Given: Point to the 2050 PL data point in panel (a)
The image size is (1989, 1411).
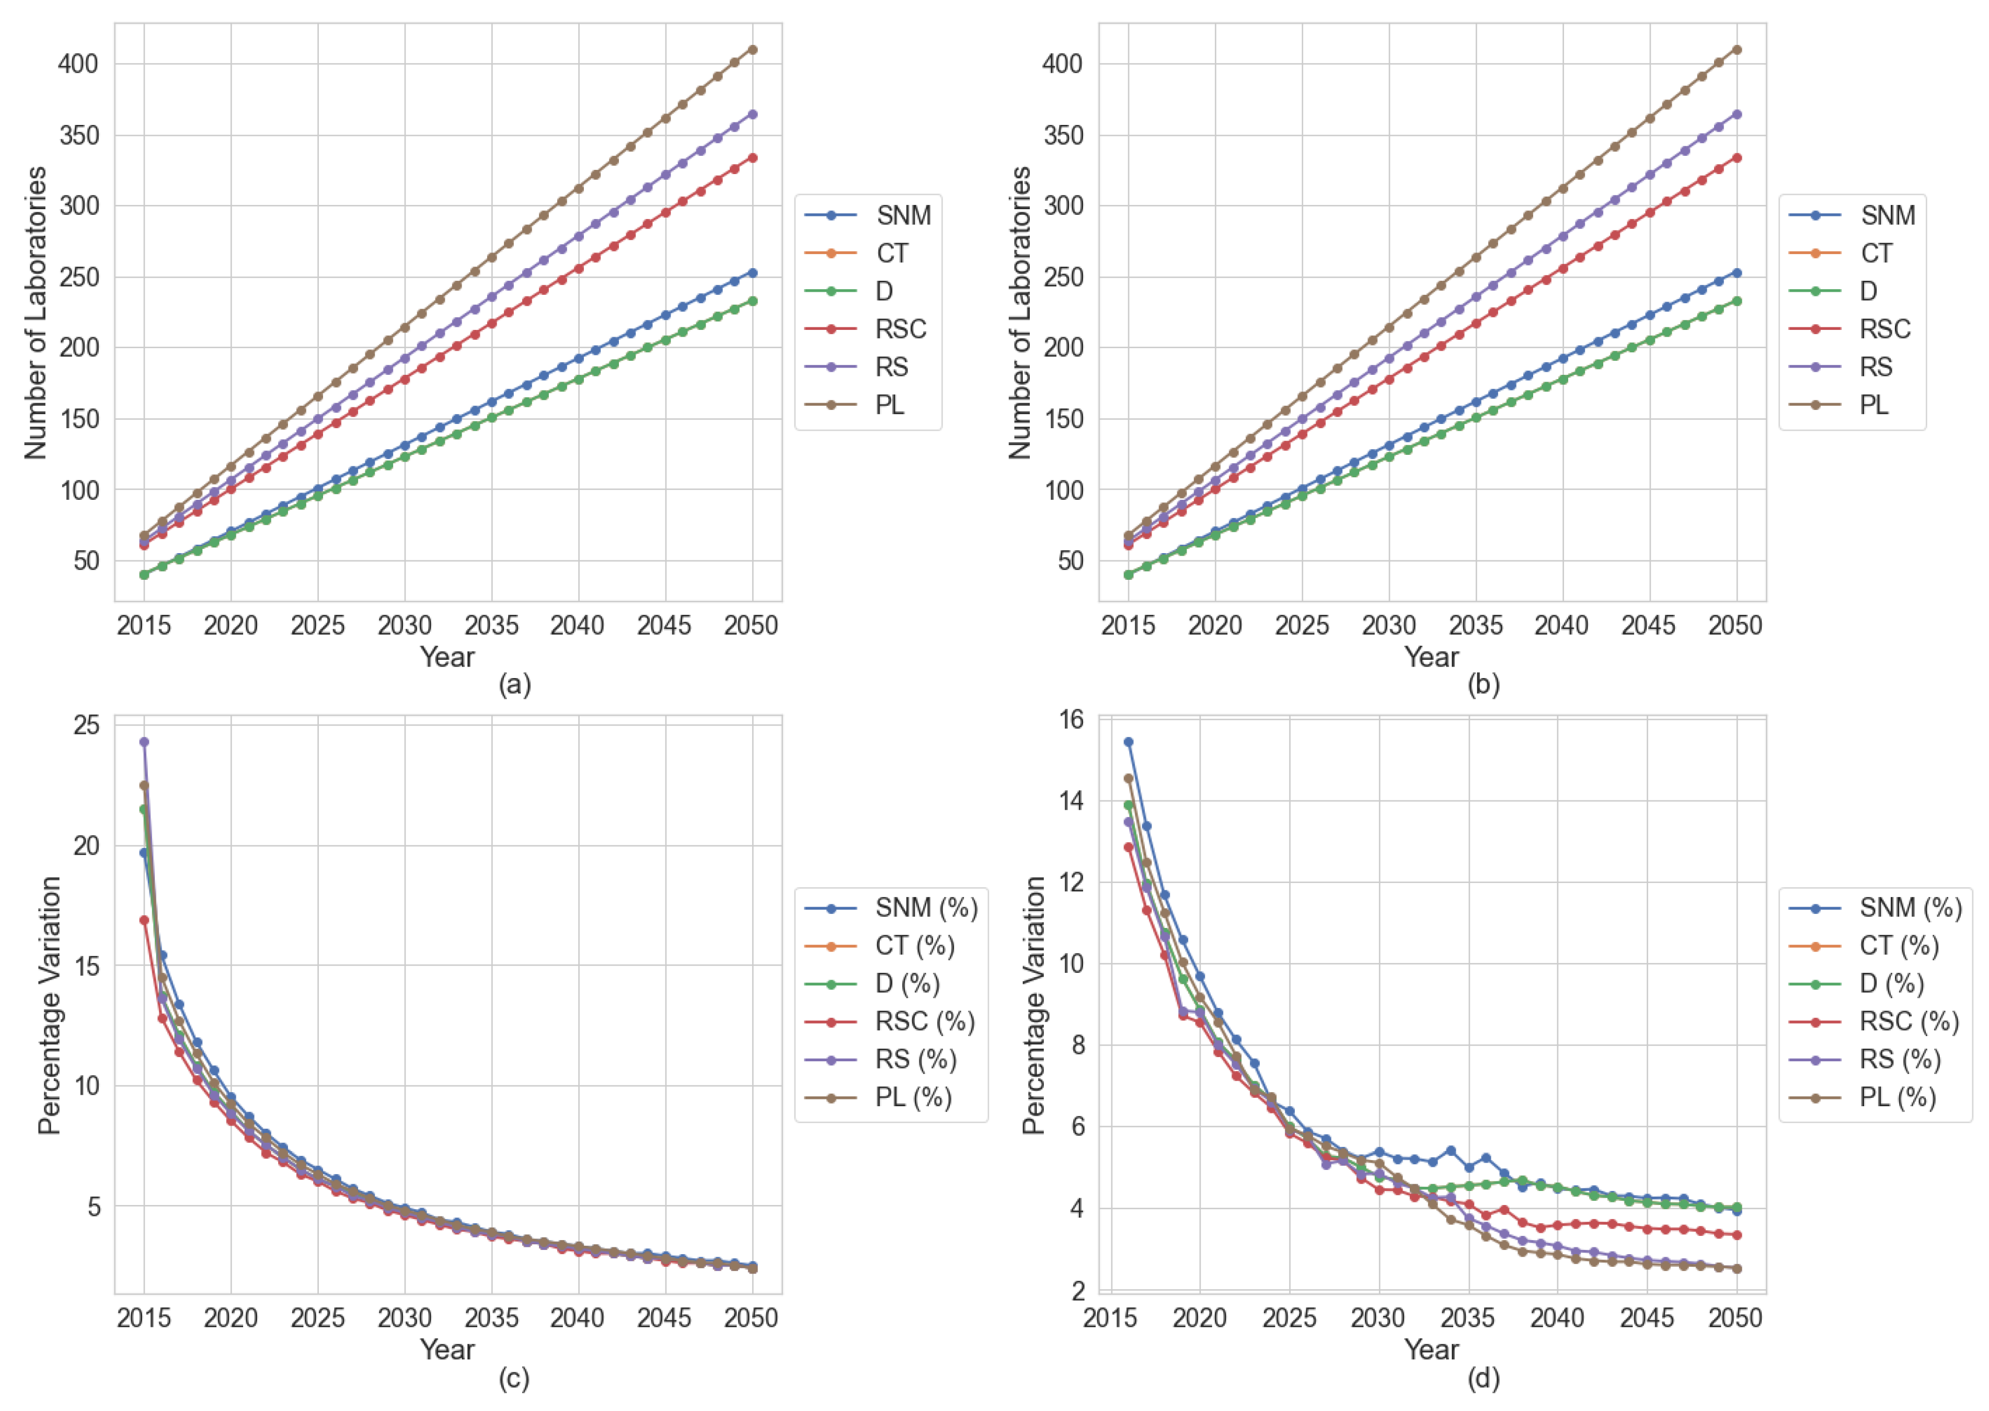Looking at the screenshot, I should pyautogui.click(x=752, y=50).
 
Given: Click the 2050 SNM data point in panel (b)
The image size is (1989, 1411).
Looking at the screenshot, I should pyautogui.click(x=1736, y=273).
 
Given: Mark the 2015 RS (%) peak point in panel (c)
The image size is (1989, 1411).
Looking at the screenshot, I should pyautogui.click(x=144, y=742).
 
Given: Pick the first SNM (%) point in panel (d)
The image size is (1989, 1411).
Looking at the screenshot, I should pyautogui.click(x=1128, y=742).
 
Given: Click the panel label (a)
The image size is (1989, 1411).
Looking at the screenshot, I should pyautogui.click(x=514, y=685).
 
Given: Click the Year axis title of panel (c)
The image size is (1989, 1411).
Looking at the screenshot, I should pyautogui.click(x=447, y=1349).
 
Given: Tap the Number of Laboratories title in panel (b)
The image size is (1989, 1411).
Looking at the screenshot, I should pyautogui.click(x=1020, y=313).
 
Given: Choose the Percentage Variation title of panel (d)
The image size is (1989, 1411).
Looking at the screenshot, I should pyautogui.click(x=1033, y=1005).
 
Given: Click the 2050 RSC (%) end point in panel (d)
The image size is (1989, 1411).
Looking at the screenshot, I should pyautogui.click(x=1736, y=1235).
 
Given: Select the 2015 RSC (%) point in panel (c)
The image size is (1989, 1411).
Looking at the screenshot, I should pyautogui.click(x=144, y=920).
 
